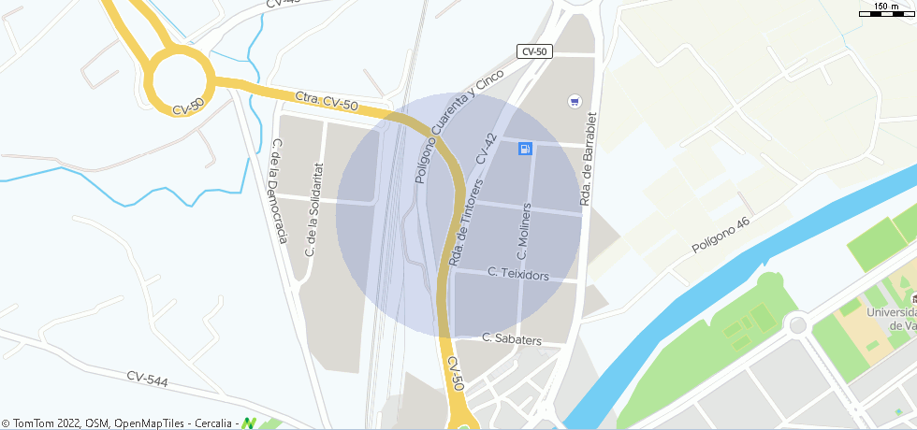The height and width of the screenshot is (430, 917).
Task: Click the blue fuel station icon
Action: [x=525, y=149]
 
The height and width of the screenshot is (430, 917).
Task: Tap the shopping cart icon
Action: [x=574, y=100]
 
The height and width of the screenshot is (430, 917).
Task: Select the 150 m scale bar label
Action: [x=886, y=7]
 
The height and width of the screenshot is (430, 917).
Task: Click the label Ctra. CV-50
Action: [x=327, y=101]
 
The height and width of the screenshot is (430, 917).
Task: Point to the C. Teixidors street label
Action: [x=518, y=274]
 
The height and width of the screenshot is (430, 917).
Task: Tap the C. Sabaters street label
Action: [x=511, y=338]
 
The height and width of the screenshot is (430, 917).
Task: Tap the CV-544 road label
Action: [x=148, y=378]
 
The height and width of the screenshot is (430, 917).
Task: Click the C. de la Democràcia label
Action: [x=277, y=192]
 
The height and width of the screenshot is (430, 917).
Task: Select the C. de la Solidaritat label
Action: [x=313, y=209]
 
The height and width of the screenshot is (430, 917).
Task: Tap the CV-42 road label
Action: [x=487, y=149]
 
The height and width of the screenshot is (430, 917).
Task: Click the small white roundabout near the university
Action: [x=797, y=325]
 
